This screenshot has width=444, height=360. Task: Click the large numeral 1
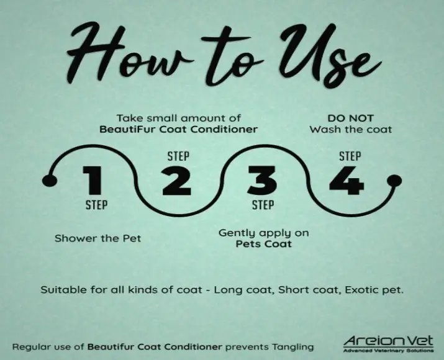[93, 180]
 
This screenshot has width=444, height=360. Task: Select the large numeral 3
[262, 180]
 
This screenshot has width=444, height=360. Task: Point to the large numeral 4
[347, 180]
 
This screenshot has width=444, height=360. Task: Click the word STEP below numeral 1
[96, 205]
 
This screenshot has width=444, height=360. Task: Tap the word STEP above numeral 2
[178, 156]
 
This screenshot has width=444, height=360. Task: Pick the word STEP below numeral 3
[263, 205]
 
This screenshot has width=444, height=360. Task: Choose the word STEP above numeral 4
[350, 156]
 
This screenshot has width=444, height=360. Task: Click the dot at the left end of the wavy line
[50, 181]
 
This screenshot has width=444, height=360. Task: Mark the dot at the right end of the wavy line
[394, 181]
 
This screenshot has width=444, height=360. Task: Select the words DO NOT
[351, 118]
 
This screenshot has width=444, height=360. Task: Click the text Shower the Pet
[97, 238]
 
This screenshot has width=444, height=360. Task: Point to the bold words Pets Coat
[264, 244]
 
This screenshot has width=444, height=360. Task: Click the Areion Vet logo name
[388, 341]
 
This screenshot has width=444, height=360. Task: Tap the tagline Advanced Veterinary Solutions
[388, 351]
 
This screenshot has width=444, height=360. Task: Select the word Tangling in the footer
[292, 347]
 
